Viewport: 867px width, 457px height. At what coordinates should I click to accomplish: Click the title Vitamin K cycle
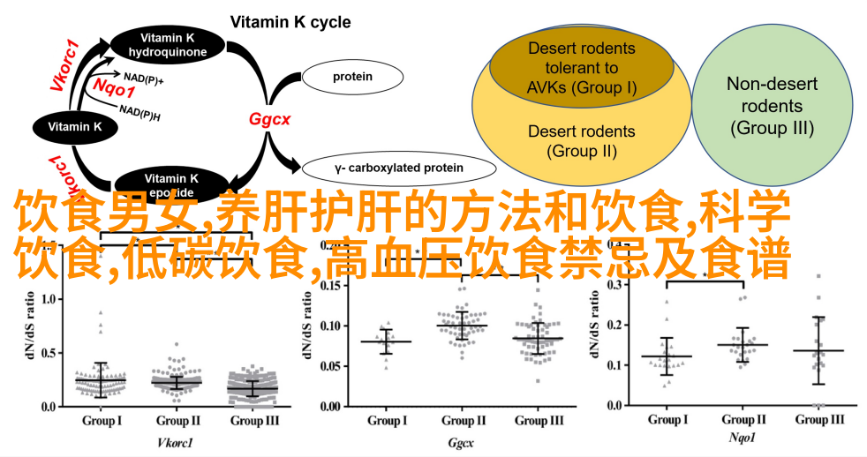[x=290, y=22]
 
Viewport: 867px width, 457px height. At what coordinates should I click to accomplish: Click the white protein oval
[x=352, y=77]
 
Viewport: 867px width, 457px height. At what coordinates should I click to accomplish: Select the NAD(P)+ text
[x=143, y=77]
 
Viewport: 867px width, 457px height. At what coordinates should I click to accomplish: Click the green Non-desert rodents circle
[x=772, y=105]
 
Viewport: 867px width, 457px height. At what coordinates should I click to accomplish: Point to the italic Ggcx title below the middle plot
[x=461, y=437]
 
